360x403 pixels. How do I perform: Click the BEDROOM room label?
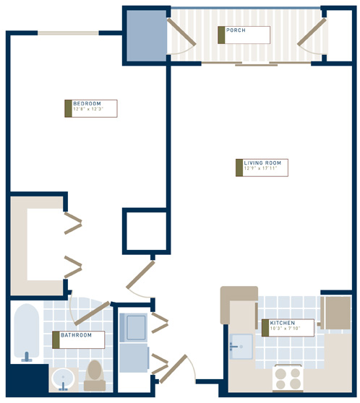pyautogui.click(x=87, y=104)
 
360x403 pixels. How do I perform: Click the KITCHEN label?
pyautogui.click(x=283, y=323)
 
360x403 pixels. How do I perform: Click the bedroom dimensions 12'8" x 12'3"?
pyautogui.click(x=89, y=110)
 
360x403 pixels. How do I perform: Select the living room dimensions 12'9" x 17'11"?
pyautogui.click(x=262, y=169)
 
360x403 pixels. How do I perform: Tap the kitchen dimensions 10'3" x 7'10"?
pyautogui.click(x=286, y=329)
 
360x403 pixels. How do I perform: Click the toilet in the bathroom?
pyautogui.click(x=94, y=373)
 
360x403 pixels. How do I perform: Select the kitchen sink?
pyautogui.click(x=241, y=345)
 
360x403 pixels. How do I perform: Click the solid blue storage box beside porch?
pyautogui.click(x=147, y=35)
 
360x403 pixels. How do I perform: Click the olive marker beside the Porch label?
pyautogui.click(x=221, y=35)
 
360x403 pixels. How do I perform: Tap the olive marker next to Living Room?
pyautogui.click(x=239, y=167)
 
